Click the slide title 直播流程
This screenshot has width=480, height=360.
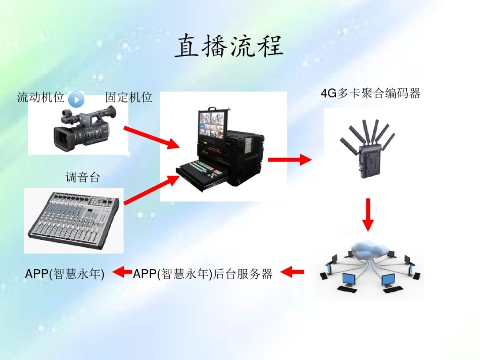coord(229,46)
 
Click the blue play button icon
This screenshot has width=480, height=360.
coord(76,99)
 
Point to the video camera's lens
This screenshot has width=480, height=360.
coord(63,136)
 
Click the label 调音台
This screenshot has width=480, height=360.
coord(83,178)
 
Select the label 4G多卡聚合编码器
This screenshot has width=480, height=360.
coord(370,93)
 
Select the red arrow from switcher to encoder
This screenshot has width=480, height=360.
coord(290,160)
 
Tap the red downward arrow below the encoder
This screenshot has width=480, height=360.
coord(368,215)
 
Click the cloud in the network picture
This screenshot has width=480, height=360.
coord(370,248)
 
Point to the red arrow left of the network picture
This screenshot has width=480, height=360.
coord(293,273)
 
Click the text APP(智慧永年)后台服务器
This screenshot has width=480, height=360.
coord(203,274)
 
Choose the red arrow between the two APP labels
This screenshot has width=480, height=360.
coord(122,273)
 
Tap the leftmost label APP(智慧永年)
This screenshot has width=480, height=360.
coord(65,274)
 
